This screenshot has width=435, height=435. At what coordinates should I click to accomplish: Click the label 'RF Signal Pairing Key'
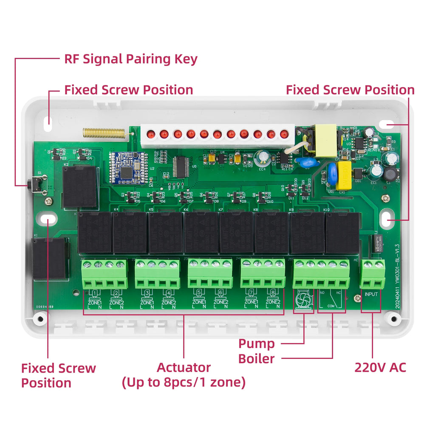tap(131, 59)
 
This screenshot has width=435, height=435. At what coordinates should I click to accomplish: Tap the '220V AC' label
tap(380, 367)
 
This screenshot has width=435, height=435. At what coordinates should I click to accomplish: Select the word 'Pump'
tap(256, 343)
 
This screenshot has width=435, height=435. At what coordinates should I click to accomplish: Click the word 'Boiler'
tap(256, 359)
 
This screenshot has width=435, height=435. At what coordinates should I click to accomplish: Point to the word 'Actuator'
tap(184, 367)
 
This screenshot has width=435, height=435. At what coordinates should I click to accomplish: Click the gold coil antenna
tap(104, 133)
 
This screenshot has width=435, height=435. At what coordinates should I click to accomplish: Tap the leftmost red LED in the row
tap(150, 135)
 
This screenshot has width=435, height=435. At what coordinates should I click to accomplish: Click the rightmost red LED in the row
tap(284, 135)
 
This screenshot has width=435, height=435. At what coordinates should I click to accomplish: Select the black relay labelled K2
tap(79, 187)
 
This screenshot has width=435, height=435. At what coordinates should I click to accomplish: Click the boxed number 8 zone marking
tap(272, 293)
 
